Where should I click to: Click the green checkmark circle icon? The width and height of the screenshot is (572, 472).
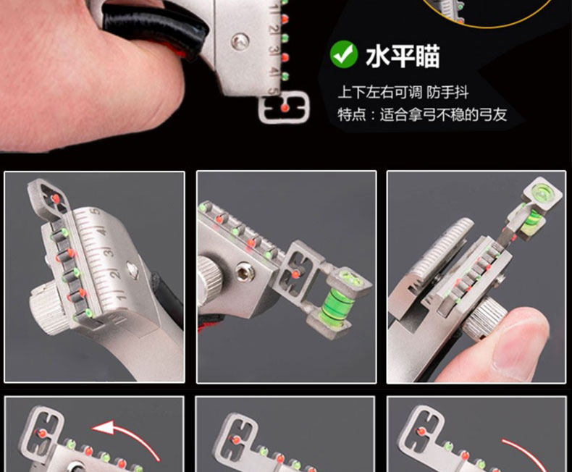click(x=344, y=54)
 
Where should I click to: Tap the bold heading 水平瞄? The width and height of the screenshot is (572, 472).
click(x=403, y=56)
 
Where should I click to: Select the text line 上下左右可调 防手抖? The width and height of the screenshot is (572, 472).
click(x=403, y=92)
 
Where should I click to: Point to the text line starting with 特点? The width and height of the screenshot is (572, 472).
click(x=422, y=114)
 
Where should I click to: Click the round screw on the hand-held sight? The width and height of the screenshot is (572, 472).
click(x=240, y=41)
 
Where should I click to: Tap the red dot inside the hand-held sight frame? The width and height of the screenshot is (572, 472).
click(x=285, y=108)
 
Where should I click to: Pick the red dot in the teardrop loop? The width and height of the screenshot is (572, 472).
click(x=56, y=198)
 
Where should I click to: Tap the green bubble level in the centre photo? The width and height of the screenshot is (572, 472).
click(x=335, y=302)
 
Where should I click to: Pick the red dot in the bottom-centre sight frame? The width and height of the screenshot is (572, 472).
click(x=236, y=439)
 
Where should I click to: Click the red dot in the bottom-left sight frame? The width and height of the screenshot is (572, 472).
click(x=42, y=434)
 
